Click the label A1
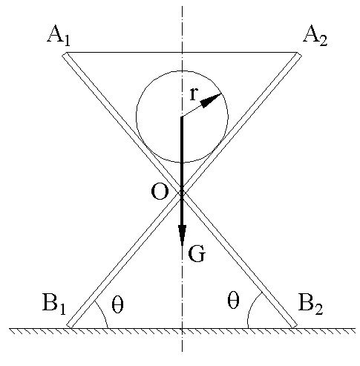pyautogui.click(x=59, y=36)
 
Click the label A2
pyautogui.click(x=315, y=36)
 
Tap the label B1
pyautogui.click(x=54, y=304)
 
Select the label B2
pyautogui.click(x=311, y=304)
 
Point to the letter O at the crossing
pyautogui.click(x=160, y=192)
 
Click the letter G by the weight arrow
pyautogui.click(x=197, y=254)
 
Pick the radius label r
pyautogui.click(x=194, y=94)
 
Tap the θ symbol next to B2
pyautogui.click(x=233, y=300)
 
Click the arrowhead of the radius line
pyautogui.click(x=211, y=100)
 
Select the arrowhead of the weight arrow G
pyautogui.click(x=182, y=235)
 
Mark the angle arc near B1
pyautogui.click(x=103, y=313)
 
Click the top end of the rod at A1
pyautogui.click(x=65, y=55)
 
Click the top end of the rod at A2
pyautogui.click(x=298, y=55)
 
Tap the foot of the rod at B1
pyautogui.click(x=70, y=326)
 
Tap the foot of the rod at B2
pyautogui.click(x=294, y=326)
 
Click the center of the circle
pyautogui.click(x=182, y=117)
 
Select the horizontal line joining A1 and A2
pyautogui.click(x=182, y=53)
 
